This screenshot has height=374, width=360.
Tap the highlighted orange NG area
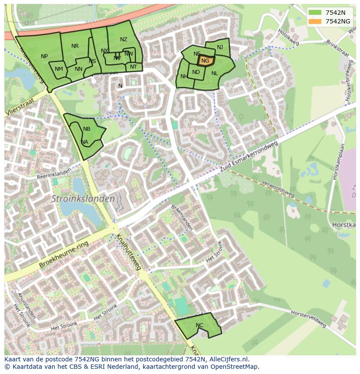pos(205,61)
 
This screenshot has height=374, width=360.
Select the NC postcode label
pos(199,325)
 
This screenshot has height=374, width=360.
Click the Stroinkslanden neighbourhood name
pos(83,199)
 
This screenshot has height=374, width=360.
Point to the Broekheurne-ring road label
pos(64,254)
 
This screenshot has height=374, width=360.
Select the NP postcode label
pos(44,56)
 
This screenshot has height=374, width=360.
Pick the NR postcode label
pos(75,46)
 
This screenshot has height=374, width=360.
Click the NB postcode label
pos(87,129)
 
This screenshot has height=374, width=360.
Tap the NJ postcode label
pos(220,47)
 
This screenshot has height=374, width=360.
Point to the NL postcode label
pos(214,73)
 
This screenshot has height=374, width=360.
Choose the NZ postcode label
pos(123,40)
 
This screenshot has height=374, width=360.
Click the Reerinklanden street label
pos(53,174)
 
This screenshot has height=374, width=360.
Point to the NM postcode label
pos(59,69)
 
